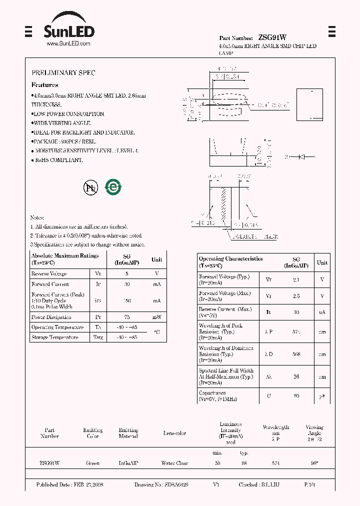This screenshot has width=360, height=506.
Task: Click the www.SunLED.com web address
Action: pos(68,43)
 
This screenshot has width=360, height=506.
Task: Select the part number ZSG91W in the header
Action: pos(272,37)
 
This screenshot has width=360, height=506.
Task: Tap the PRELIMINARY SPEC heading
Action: pos(63,72)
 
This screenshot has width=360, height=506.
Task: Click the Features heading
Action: pos(44,85)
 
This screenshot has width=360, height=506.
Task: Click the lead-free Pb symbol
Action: pos(90,187)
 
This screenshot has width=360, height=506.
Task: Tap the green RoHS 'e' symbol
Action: pos(113,187)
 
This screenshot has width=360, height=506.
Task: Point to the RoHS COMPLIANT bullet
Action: pos(58,160)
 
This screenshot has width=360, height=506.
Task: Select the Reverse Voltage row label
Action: pos(48,274)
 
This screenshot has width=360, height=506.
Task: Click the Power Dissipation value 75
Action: pos(127,317)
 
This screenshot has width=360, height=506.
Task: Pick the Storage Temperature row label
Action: pos(54,337)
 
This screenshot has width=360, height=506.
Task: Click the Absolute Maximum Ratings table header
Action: pos(65,258)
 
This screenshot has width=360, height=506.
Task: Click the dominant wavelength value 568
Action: pos(296,354)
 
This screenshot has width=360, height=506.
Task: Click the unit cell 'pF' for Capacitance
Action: pos(322,396)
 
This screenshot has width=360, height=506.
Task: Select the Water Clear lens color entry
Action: pos(174,463)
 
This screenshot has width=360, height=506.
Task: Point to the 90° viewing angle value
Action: pos(314,463)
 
